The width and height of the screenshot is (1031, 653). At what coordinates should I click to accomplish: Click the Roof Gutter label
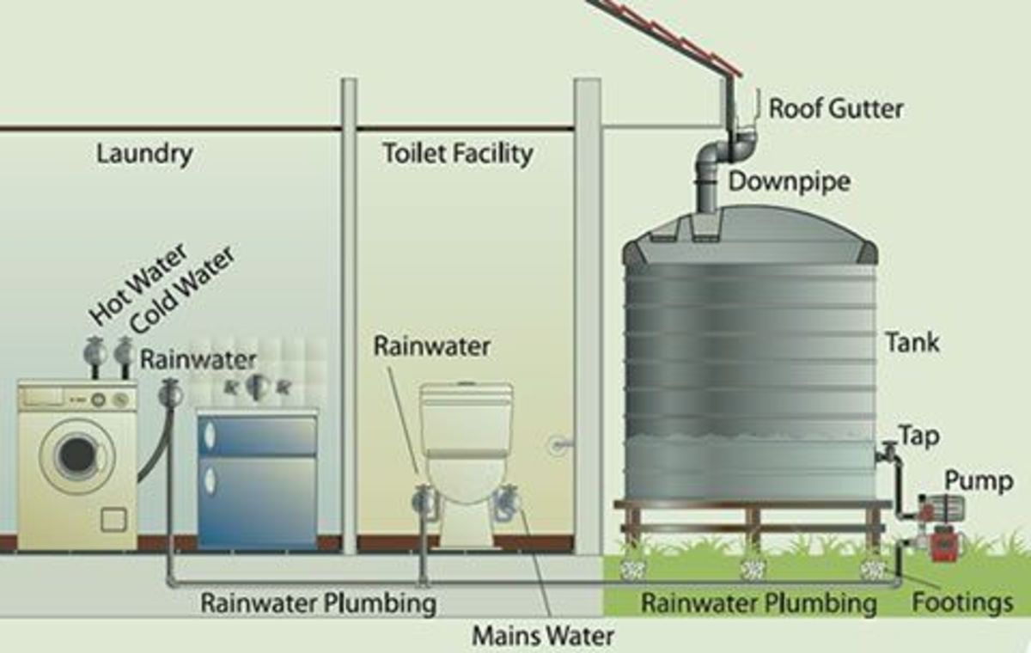835,109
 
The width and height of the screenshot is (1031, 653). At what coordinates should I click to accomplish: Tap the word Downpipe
789,181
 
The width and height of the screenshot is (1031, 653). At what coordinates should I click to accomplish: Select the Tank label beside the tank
912,344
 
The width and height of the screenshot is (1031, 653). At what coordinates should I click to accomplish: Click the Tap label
918,436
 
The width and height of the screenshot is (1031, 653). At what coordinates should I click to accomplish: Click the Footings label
962,602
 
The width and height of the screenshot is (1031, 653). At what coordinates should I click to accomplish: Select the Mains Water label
543,637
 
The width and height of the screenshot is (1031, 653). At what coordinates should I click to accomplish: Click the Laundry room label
144,155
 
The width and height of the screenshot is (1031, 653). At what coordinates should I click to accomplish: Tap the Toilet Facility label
457,154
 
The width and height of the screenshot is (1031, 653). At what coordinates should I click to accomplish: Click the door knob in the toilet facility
558,445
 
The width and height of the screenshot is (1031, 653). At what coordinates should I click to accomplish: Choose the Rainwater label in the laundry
198,359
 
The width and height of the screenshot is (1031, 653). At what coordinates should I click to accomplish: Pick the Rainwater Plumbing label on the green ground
759,603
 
